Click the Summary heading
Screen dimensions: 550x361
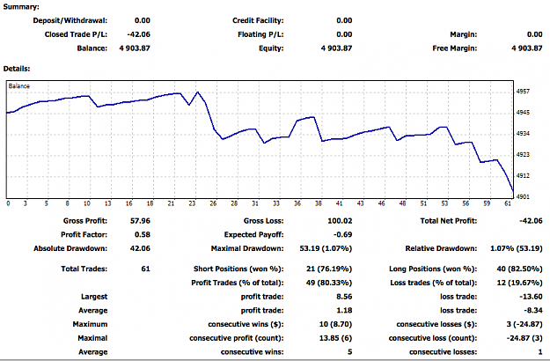pyautogui.click(x=21, y=7)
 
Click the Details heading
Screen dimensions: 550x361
pyautogui.click(x=17, y=69)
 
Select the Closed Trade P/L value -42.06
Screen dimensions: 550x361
pyautogui.click(x=138, y=34)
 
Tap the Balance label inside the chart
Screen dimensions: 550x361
pyautogui.click(x=19, y=86)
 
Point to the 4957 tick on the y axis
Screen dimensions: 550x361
pyautogui.click(x=523, y=92)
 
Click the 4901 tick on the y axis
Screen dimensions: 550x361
pyautogui.click(x=523, y=197)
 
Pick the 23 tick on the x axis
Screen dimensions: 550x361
pyautogui.click(x=192, y=203)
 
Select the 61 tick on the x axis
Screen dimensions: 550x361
pyautogui.click(x=508, y=203)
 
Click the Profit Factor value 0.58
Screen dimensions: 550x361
pyautogui.click(x=143, y=234)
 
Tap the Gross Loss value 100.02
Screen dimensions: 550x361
pyautogui.click(x=340, y=221)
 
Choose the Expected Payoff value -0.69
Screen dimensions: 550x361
pyautogui.click(x=343, y=234)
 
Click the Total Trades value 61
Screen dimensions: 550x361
pyautogui.click(x=145, y=269)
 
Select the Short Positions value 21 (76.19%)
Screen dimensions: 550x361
pyautogui.click(x=329, y=269)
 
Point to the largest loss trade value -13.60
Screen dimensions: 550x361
pyautogui.click(x=531, y=297)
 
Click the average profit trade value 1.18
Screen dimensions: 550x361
pyautogui.click(x=344, y=310)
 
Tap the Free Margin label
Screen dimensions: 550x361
pyautogui.click(x=455, y=48)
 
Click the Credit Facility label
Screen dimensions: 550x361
pyautogui.click(x=258, y=21)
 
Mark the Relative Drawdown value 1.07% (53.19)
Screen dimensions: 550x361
pyautogui.click(x=517, y=248)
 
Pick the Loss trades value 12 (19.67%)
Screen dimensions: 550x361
pyautogui.click(x=519, y=283)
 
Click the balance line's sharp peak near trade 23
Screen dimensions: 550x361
pyautogui.click(x=198, y=92)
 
